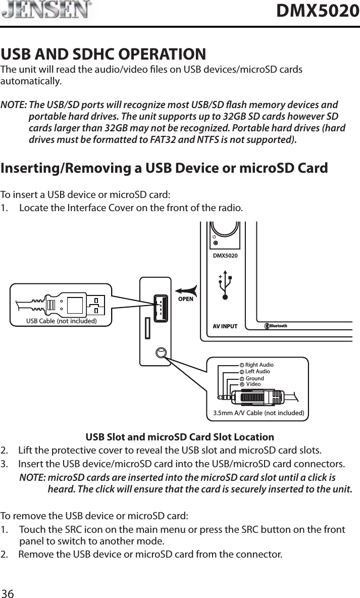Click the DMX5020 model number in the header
[x=318, y=11]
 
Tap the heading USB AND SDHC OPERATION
[x=104, y=54]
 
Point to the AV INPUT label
[x=225, y=326]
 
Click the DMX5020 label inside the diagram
[x=225, y=256]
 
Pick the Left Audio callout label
[x=257, y=371]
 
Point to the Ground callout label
[x=254, y=378]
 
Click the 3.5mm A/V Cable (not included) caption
[x=259, y=413]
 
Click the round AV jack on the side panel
[x=161, y=353]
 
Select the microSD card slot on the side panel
[x=146, y=328]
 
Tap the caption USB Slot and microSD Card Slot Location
[x=180, y=437]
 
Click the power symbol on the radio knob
[x=215, y=236]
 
